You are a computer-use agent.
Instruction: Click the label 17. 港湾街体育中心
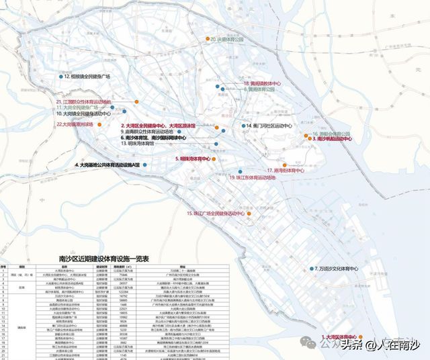[x=287, y=171]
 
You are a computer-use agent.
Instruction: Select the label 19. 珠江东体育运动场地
[x=251, y=178]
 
